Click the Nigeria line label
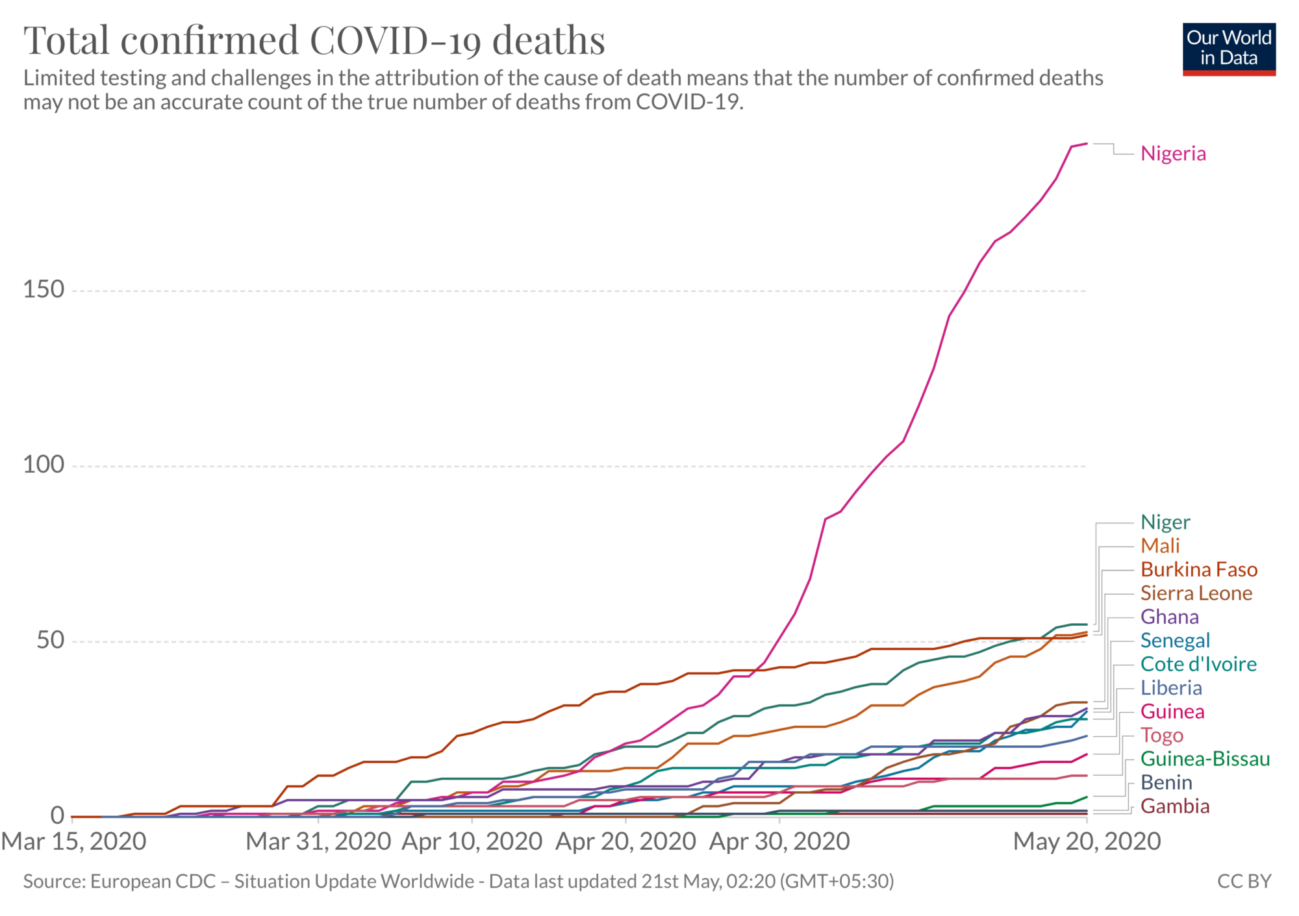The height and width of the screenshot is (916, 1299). [x=1173, y=154]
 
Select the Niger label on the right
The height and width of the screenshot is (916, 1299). [x=1165, y=523]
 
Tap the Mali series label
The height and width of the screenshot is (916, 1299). [x=1160, y=546]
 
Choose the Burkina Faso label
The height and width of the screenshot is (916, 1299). [x=1199, y=570]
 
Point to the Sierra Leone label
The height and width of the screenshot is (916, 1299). [x=1196, y=593]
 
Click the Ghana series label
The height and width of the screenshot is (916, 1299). [x=1169, y=617]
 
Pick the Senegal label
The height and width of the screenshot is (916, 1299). [x=1175, y=641]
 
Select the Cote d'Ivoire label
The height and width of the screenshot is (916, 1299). [x=1198, y=665]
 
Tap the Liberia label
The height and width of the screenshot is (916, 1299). [x=1171, y=688]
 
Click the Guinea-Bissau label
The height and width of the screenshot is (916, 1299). [x=1205, y=760]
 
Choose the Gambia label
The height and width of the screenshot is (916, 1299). [x=1175, y=807]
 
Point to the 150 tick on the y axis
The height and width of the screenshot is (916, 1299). [x=44, y=290]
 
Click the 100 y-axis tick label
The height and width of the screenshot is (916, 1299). [x=44, y=465]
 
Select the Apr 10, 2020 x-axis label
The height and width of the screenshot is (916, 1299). [x=472, y=842]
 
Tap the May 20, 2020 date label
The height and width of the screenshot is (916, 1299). [x=1087, y=842]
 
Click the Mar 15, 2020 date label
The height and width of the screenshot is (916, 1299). [x=73, y=842]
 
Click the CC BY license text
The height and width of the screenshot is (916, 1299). [x=1244, y=882]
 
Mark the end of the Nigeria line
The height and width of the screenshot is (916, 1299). [x=1087, y=143]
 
